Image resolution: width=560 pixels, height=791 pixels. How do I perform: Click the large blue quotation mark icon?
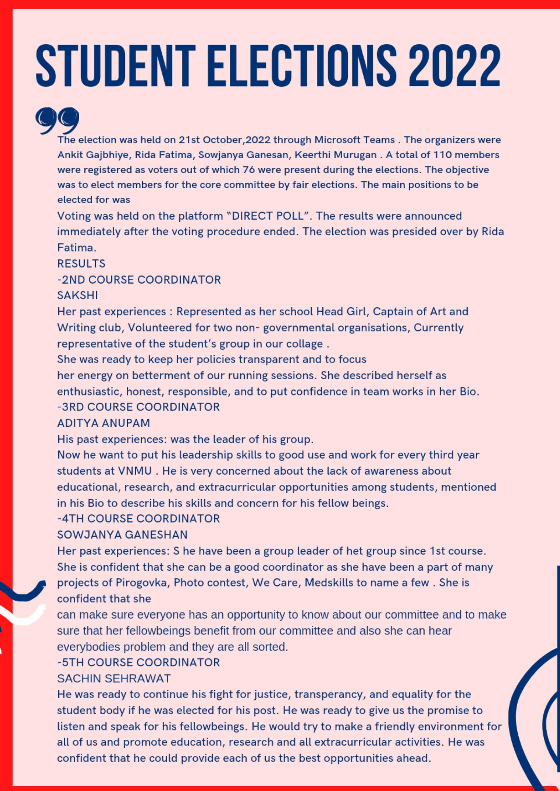[57, 120]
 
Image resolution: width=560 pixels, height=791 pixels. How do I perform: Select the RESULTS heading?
[81, 264]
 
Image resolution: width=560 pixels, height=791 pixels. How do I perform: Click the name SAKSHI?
[78, 295]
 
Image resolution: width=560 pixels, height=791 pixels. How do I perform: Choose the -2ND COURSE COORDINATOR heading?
[139, 280]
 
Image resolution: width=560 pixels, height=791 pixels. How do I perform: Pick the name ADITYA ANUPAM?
[103, 423]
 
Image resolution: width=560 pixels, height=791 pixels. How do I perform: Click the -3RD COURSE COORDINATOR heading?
[138, 407]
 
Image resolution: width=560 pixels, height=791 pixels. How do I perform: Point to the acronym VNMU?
[135, 471]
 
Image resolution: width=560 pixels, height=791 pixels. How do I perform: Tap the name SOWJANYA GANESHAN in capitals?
[122, 535]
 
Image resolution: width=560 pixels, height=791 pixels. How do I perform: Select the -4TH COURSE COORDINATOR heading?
[138, 519]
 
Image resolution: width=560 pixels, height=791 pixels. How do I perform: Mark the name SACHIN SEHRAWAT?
[114, 679]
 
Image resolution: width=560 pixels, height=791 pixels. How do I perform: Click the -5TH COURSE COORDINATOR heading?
[138, 662]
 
